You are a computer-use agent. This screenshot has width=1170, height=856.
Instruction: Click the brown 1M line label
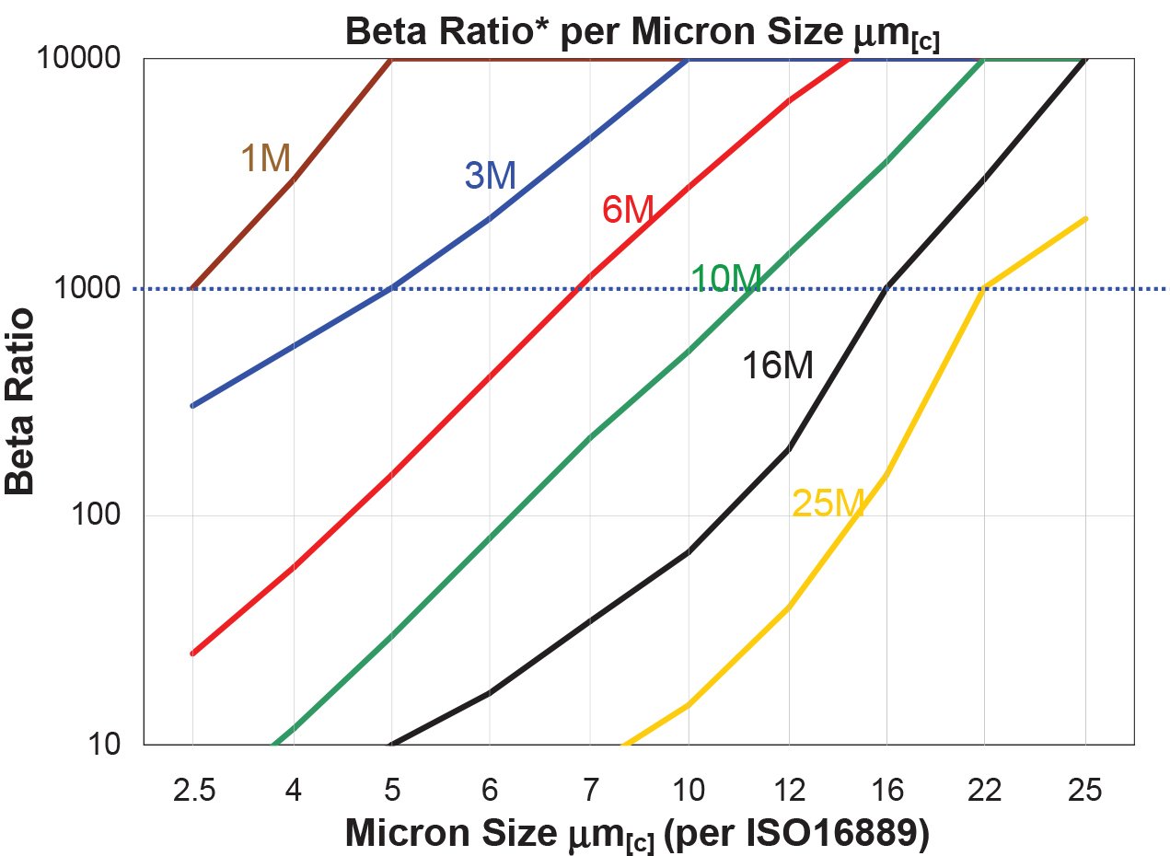tap(266, 160)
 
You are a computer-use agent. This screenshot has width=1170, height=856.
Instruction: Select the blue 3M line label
tap(490, 176)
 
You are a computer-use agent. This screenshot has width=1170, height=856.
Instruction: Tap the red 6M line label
tap(627, 211)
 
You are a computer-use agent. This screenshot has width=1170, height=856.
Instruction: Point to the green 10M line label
tap(725, 278)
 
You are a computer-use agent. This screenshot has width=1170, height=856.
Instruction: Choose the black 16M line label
tap(778, 367)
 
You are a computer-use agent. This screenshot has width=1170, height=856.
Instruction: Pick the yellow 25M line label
tap(828, 503)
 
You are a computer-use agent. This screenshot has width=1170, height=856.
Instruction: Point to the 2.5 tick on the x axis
tap(194, 789)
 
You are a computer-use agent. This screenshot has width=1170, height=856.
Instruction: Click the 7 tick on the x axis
tap(590, 789)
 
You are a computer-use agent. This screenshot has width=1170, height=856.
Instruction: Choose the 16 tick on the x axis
tap(886, 789)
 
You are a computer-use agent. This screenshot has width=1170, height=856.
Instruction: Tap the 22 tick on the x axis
tap(985, 789)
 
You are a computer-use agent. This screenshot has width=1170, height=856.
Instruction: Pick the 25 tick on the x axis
tap(1085, 789)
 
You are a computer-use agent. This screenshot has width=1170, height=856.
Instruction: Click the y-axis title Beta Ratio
tap(20, 401)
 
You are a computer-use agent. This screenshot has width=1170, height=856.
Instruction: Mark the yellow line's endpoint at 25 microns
tap(1086, 219)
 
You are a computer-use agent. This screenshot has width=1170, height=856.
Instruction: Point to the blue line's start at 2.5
tap(192, 406)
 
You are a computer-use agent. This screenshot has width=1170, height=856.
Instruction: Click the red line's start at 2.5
tap(192, 654)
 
